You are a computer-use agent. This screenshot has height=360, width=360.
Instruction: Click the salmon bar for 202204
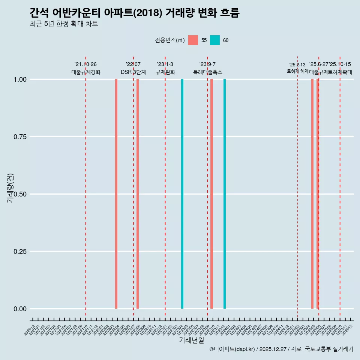click(116, 194)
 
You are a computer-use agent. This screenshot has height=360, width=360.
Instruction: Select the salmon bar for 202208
click(138, 194)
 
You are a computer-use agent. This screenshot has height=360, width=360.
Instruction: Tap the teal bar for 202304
click(182, 194)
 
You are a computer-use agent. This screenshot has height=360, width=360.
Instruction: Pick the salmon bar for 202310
click(211, 194)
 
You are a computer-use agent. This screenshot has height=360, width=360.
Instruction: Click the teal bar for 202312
click(225, 194)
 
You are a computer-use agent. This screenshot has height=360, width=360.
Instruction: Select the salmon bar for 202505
click(312, 194)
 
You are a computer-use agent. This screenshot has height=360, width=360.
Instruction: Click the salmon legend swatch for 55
click(193, 40)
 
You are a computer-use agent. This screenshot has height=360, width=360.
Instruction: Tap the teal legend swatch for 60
click(215, 40)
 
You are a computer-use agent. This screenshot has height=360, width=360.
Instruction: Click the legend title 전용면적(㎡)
click(169, 40)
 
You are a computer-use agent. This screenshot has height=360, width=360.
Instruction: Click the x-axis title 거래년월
click(192, 340)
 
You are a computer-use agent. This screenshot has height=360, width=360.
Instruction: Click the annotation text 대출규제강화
click(86, 72)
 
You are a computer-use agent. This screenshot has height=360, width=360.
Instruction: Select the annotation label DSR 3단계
click(133, 72)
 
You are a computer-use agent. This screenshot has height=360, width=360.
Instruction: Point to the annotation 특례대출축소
click(208, 72)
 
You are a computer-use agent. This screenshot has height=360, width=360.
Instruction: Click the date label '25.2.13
click(297, 64)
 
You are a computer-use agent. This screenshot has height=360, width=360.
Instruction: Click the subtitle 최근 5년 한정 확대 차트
click(64, 24)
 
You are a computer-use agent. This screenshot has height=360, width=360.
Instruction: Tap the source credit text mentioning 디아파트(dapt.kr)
click(281, 349)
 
